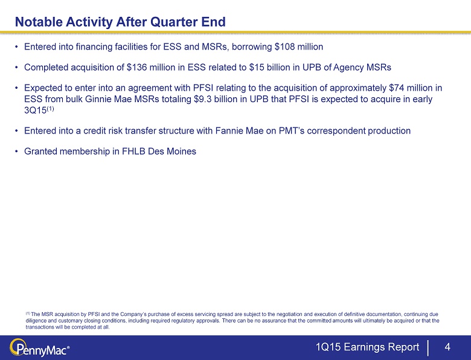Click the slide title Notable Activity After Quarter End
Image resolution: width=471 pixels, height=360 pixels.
pyautogui.click(x=120, y=22)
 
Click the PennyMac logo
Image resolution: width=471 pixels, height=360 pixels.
pyautogui.click(x=40, y=349)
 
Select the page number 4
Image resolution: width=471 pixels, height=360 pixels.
pyautogui.click(x=447, y=347)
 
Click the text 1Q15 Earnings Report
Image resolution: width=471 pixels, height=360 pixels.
pyautogui.click(x=367, y=347)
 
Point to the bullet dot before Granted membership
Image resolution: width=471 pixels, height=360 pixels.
pyautogui.click(x=17, y=151)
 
